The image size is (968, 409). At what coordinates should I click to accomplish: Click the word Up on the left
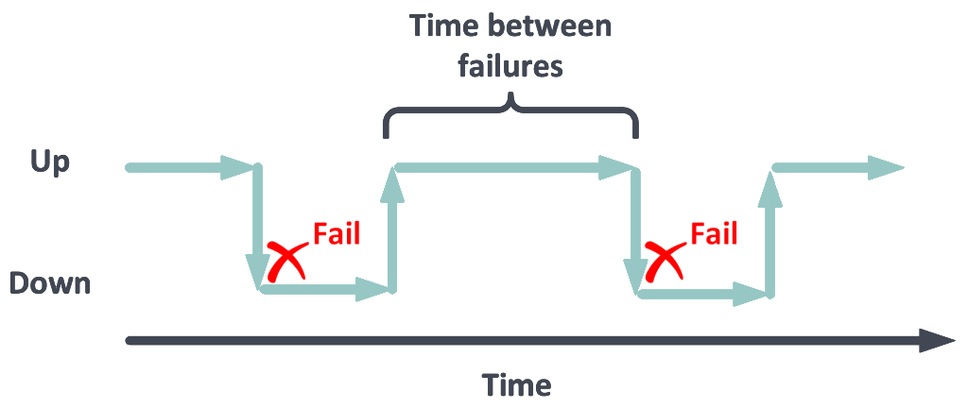coord(51,163)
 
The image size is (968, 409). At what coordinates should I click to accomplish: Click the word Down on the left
coord(50,283)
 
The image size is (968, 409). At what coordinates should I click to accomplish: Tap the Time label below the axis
coord(517,384)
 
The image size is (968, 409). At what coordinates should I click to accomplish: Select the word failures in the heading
coord(510,65)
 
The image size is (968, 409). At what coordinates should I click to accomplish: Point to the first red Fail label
coord(336,234)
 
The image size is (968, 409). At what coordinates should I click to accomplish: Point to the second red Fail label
coord(714,234)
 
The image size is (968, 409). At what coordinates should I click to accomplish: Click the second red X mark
coord(665,261)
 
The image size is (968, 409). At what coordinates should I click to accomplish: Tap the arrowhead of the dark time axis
coord(937,341)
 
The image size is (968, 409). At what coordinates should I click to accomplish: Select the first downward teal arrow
coord(257,227)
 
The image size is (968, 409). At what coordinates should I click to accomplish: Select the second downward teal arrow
coord(636,230)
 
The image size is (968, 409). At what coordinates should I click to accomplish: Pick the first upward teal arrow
coord(392,229)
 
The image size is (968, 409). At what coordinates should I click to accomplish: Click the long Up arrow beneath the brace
coord(514,167)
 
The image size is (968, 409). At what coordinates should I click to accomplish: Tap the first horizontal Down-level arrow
coord(324,289)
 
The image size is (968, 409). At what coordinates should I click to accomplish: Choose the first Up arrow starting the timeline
coord(191,167)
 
